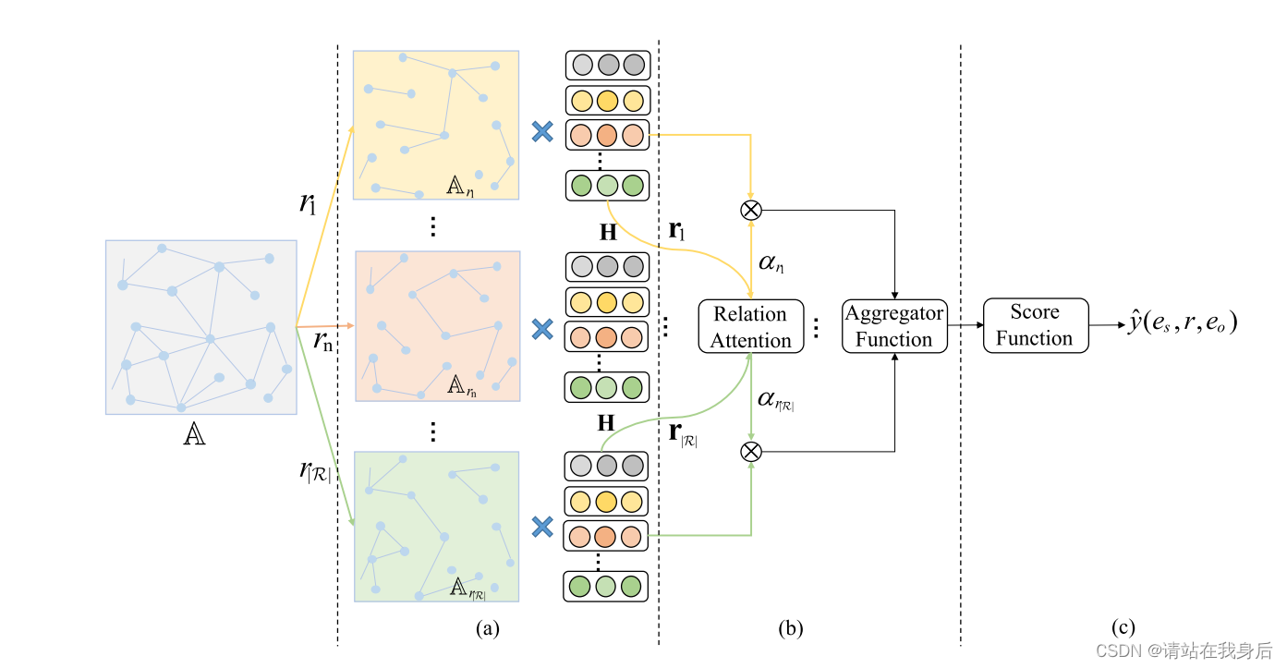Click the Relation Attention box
tap(750, 327)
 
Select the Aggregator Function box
tap(893, 326)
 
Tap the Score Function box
tap(1035, 325)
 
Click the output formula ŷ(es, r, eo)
tap(1182, 322)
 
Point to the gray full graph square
tap(200, 326)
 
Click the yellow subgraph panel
tap(436, 125)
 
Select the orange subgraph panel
tap(438, 326)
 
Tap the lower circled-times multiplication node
tap(751, 452)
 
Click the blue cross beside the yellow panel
tap(542, 132)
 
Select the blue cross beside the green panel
tap(542, 527)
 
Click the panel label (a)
tap(487, 629)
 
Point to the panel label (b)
tap(790, 629)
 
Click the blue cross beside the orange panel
tap(542, 329)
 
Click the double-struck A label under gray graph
tap(194, 435)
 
